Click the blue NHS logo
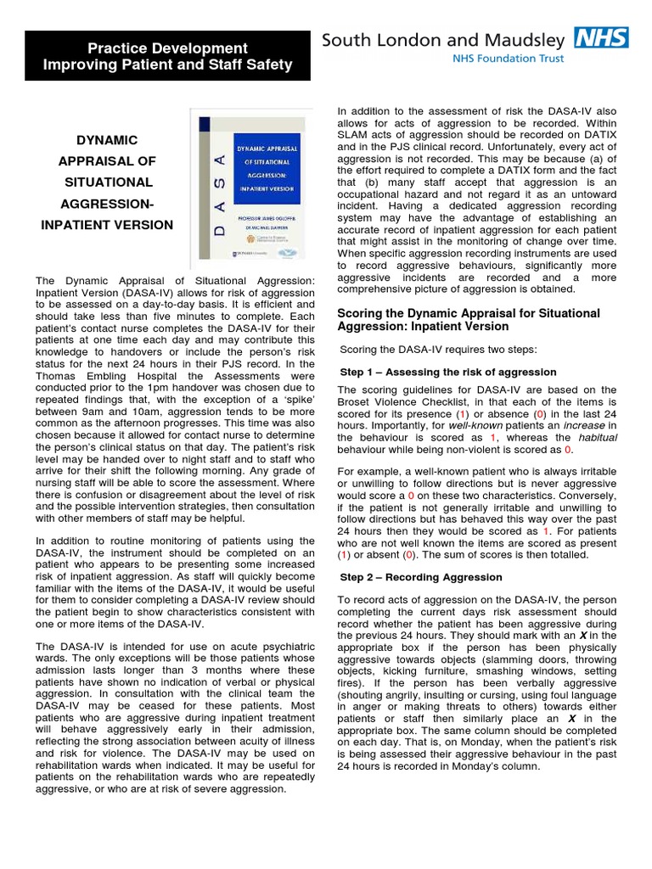click(x=600, y=37)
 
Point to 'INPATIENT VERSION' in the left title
click(x=107, y=225)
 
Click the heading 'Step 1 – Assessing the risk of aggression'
click(x=448, y=372)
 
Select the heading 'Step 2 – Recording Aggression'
click(x=421, y=577)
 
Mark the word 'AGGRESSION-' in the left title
click(x=107, y=204)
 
